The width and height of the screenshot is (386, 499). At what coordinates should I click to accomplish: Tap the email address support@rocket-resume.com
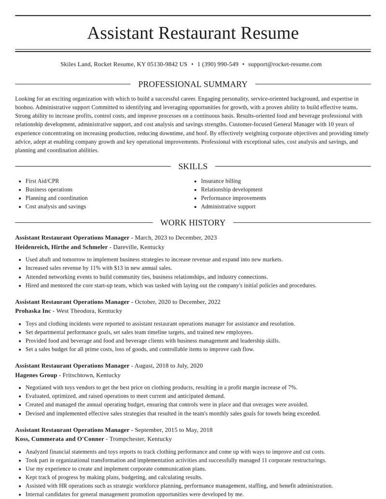click(x=285, y=64)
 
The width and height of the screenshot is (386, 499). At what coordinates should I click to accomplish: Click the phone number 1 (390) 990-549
click(x=218, y=64)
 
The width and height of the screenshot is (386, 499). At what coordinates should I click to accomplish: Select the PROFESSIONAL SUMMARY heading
click(x=193, y=84)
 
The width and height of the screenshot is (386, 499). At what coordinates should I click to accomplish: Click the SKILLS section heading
click(x=193, y=166)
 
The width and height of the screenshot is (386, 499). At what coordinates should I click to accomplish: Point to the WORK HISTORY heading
click(x=193, y=223)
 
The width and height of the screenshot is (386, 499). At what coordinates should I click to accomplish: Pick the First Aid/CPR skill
click(x=42, y=181)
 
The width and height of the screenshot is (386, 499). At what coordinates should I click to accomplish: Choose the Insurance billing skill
click(x=221, y=181)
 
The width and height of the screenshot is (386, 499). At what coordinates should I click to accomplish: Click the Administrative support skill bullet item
click(x=228, y=207)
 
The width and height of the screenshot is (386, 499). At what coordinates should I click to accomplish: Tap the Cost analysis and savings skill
click(x=55, y=207)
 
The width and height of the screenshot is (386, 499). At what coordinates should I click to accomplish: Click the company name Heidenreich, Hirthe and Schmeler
click(x=61, y=247)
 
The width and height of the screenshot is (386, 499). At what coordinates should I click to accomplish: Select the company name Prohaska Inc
click(x=33, y=311)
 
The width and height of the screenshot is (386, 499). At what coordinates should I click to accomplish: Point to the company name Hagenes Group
click(x=36, y=375)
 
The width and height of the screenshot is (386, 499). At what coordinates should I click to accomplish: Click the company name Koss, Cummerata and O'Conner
click(x=59, y=439)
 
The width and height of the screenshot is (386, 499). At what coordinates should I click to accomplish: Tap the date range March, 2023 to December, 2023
click(x=176, y=238)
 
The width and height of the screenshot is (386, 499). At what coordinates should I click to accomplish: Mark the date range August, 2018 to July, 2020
click(x=168, y=366)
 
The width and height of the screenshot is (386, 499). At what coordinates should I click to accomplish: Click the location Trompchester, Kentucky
click(x=140, y=439)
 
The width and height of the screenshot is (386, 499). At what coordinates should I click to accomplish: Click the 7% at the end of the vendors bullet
click(x=292, y=388)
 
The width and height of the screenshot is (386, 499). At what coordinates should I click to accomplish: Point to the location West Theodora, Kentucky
click(x=89, y=311)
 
